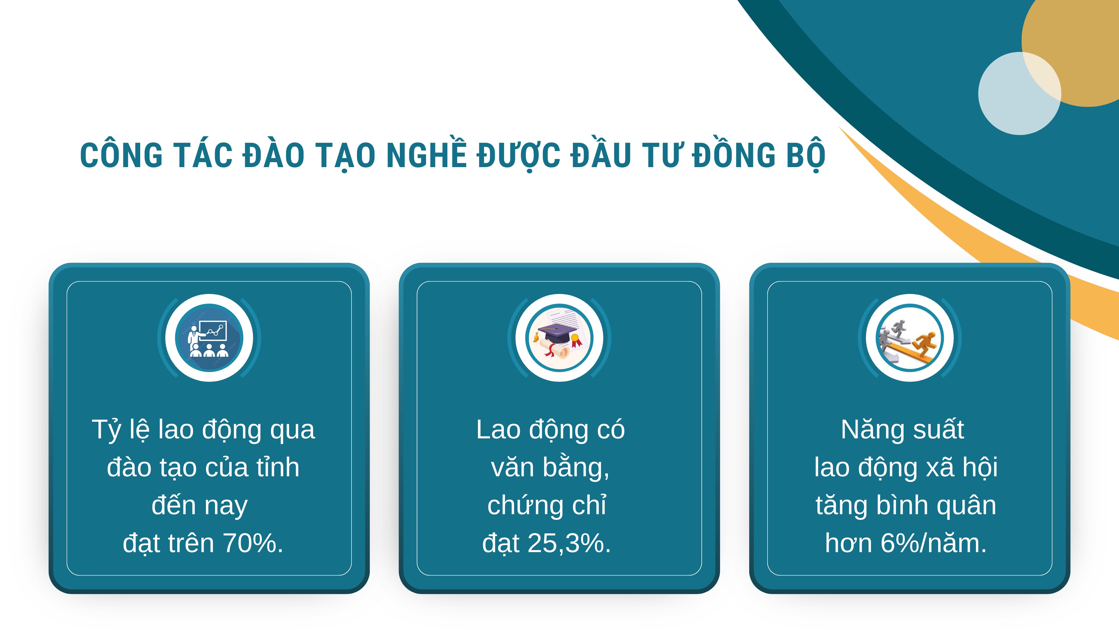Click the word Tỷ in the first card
coord(106,430)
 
